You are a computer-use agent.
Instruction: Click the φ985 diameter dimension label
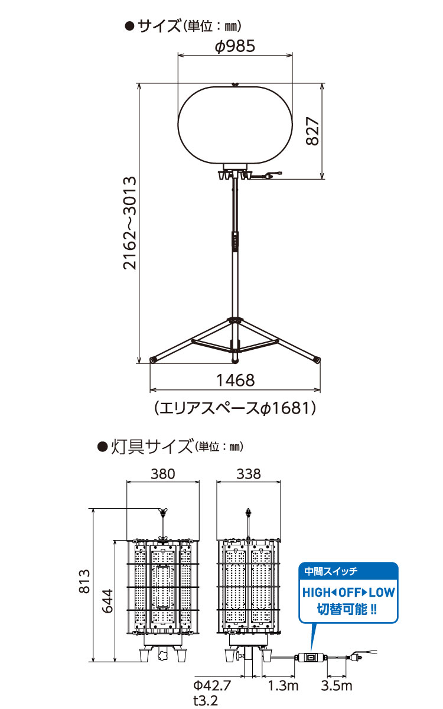(235, 46)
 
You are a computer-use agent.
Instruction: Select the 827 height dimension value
(312, 131)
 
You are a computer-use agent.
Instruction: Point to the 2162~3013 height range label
(130, 223)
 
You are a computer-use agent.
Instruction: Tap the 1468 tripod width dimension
(236, 380)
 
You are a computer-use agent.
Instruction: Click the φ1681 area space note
(236, 408)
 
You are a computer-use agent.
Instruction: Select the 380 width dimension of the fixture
(162, 474)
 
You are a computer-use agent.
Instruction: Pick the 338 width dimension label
(249, 474)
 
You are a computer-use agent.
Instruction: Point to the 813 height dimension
(84, 581)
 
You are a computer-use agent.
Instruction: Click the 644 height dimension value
(108, 601)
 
